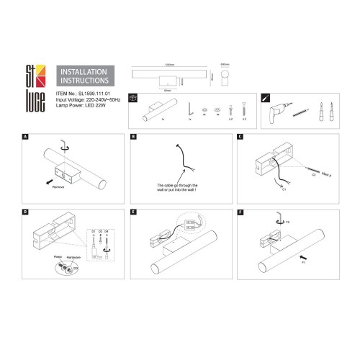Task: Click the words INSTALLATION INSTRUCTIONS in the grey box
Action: click(83, 77)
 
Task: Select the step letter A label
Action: click(26, 136)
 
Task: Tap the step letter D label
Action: click(26, 212)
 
